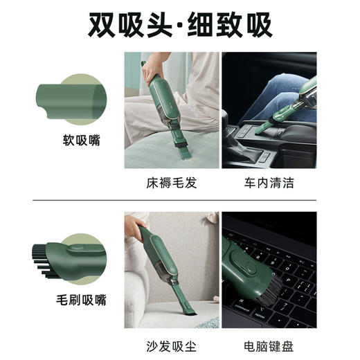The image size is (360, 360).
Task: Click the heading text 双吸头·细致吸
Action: click(180, 24)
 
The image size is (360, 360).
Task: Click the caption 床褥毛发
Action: click(169, 183)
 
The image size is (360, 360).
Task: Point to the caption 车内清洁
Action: click(269, 183)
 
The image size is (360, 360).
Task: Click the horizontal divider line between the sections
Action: click(180, 201)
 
